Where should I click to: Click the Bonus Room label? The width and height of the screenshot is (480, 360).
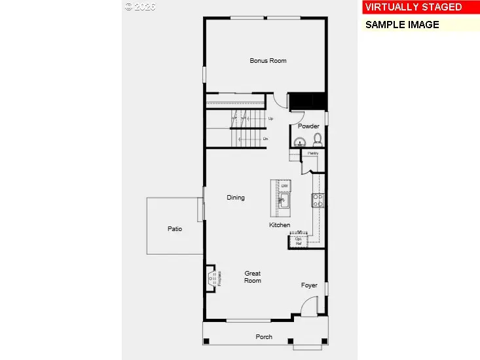(268, 61)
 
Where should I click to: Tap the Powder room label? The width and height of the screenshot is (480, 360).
(308, 126)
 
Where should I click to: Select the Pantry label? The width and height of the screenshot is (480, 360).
(313, 153)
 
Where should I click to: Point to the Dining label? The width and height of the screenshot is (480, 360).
(236, 197)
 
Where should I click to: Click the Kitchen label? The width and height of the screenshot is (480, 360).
(280, 225)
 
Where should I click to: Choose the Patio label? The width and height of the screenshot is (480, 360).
(174, 229)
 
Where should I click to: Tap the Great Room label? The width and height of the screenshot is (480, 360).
(253, 277)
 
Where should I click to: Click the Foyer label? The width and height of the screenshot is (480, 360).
(309, 285)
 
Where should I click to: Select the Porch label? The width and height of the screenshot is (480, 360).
(264, 337)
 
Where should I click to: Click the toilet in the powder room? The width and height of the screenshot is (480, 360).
(317, 139)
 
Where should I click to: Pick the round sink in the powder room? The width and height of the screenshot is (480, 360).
(301, 141)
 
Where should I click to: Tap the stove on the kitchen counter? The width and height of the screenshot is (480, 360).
(317, 200)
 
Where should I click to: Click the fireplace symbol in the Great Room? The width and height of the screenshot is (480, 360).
(212, 278)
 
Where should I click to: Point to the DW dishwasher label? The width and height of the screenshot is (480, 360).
(285, 187)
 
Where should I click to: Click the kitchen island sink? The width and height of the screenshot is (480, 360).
(285, 201)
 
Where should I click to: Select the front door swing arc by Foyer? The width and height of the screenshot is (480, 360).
(310, 304)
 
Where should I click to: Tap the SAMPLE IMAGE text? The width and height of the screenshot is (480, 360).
(402, 25)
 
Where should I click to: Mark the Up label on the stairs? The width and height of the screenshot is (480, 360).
(270, 118)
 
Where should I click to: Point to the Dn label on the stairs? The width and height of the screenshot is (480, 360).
(265, 139)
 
